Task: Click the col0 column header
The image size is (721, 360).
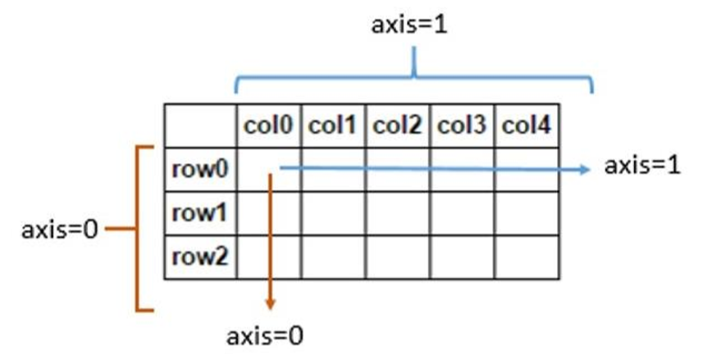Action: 269,126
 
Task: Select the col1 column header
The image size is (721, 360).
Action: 333,126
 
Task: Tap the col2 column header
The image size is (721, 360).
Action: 398,126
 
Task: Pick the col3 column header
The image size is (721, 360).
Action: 462,126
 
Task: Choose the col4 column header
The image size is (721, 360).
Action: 527,126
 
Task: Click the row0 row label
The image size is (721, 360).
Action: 200,170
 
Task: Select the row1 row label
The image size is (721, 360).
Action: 200,213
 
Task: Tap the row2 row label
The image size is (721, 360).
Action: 200,257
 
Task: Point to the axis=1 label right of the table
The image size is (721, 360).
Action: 642,166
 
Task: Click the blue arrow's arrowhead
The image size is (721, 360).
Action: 584,170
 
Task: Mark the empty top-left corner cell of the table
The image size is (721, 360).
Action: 200,126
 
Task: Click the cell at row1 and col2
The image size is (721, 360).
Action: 398,213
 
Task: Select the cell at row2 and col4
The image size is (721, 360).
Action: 527,257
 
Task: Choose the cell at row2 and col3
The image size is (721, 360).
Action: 462,257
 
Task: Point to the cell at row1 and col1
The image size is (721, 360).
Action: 333,213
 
